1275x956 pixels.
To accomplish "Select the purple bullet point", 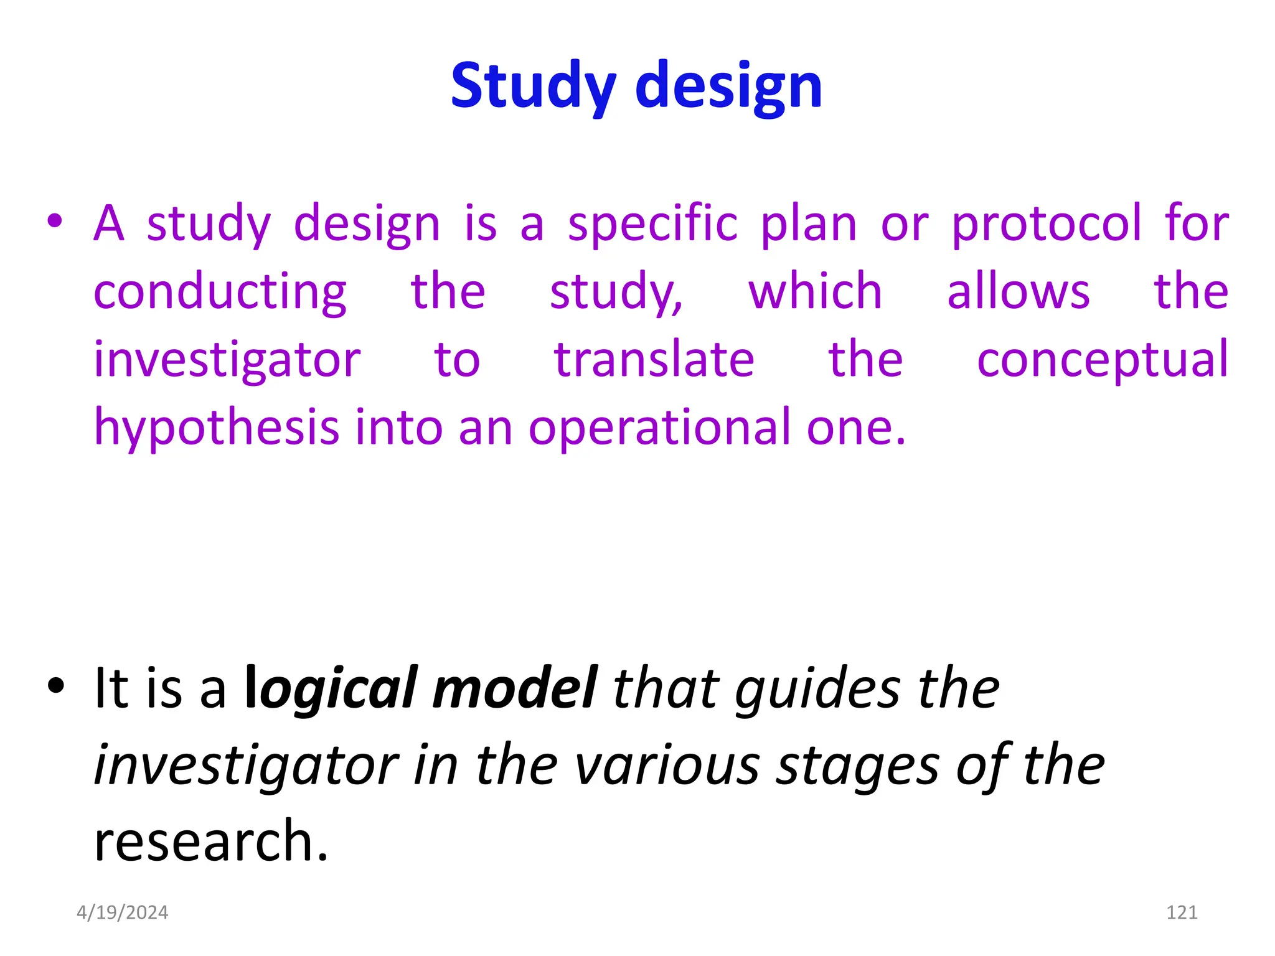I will pos(55,220).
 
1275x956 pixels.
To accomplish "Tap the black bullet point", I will pos(55,685).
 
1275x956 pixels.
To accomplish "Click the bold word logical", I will pos(331,688).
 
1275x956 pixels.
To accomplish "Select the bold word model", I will pos(515,688).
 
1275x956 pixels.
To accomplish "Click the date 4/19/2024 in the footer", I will pos(122,912).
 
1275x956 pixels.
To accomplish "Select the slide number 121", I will pos(1182,912).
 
